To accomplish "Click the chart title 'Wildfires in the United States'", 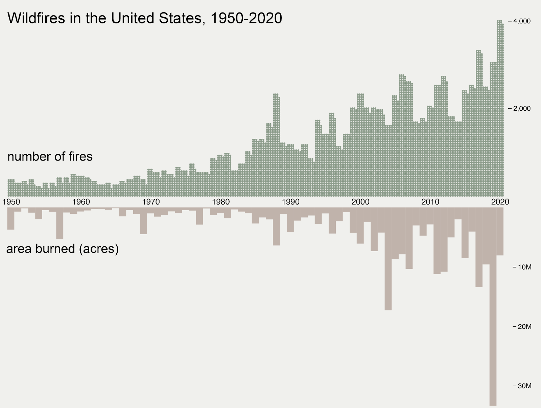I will pos(145,18).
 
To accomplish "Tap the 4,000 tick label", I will pos(522,21).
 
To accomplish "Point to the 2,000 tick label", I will pos(522,109).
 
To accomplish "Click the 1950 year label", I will pos(11,202).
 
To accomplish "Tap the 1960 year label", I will pos(81,202).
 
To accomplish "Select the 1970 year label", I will pos(151,202).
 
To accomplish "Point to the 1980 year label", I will pos(221,202).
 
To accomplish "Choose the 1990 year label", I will pos(291,202).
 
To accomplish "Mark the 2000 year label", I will pos(360,202).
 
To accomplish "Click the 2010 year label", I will pos(430,202).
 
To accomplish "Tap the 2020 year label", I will pos(500,202).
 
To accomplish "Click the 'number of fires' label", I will pos(50,157).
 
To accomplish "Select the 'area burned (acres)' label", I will pos(63,249).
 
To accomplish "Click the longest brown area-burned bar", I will pos(493,305).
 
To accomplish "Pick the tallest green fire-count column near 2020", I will pos(500,108).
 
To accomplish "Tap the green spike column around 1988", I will pos(276,146).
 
